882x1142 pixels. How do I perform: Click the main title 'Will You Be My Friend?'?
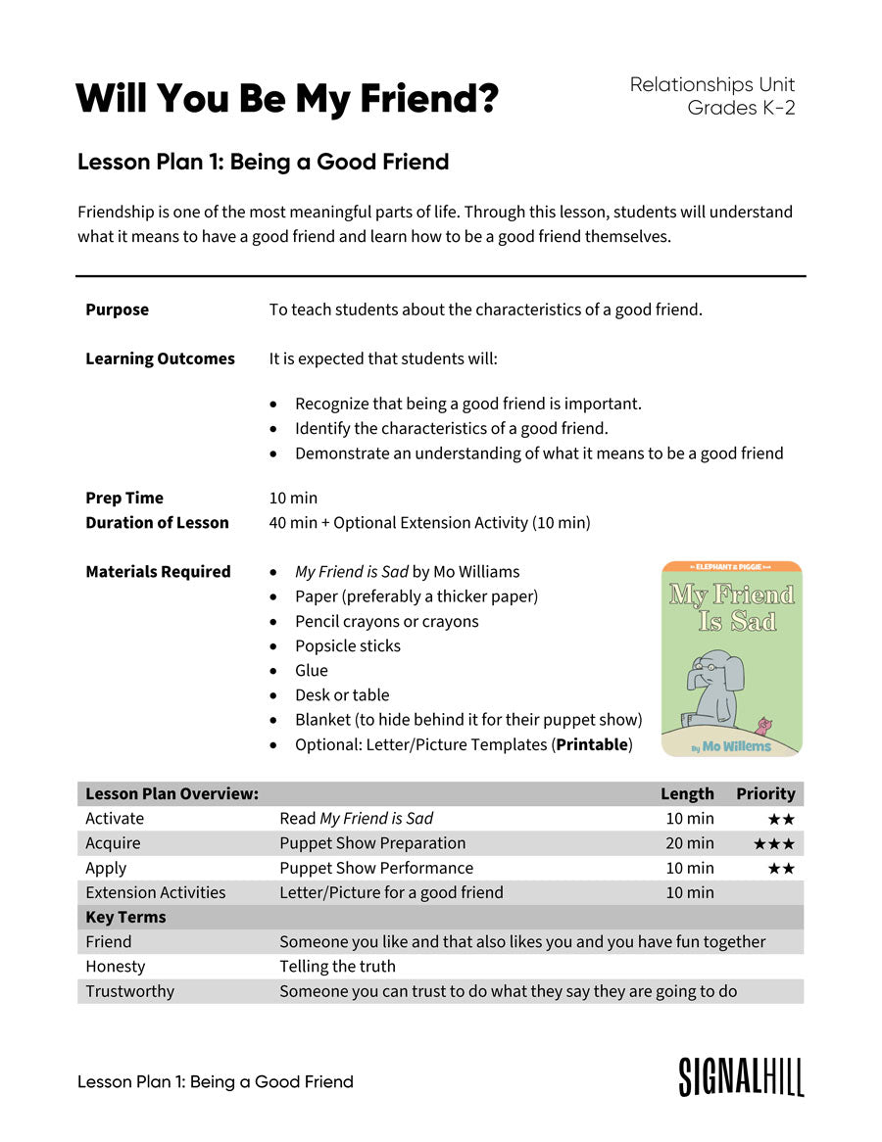pyautogui.click(x=287, y=99)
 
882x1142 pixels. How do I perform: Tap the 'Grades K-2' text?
pyautogui.click(x=741, y=108)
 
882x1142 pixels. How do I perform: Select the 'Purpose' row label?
pyautogui.click(x=118, y=309)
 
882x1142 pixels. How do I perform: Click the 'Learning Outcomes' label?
pyautogui.click(x=160, y=358)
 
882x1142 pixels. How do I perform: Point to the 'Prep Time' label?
pyautogui.click(x=124, y=498)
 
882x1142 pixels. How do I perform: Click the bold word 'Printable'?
pyautogui.click(x=592, y=744)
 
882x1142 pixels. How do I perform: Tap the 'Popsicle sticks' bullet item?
pyautogui.click(x=348, y=645)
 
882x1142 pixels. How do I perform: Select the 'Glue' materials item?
pyautogui.click(x=312, y=670)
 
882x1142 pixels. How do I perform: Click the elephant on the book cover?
pyautogui.click(x=713, y=685)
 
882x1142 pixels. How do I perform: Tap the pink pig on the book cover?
pyautogui.click(x=764, y=726)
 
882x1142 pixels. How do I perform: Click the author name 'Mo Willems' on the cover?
pyautogui.click(x=736, y=746)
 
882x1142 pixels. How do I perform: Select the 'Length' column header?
pyautogui.click(x=687, y=793)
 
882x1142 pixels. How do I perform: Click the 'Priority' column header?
pyautogui.click(x=765, y=793)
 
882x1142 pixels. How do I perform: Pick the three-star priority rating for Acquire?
pyautogui.click(x=774, y=843)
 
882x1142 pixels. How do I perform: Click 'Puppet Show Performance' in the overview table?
pyautogui.click(x=376, y=868)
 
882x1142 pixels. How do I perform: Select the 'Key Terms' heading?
pyautogui.click(x=125, y=917)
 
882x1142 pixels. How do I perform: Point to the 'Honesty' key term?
pyautogui.click(x=116, y=966)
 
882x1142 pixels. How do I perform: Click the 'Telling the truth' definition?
pyautogui.click(x=338, y=966)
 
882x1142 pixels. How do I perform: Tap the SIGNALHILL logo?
pyautogui.click(x=741, y=1077)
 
